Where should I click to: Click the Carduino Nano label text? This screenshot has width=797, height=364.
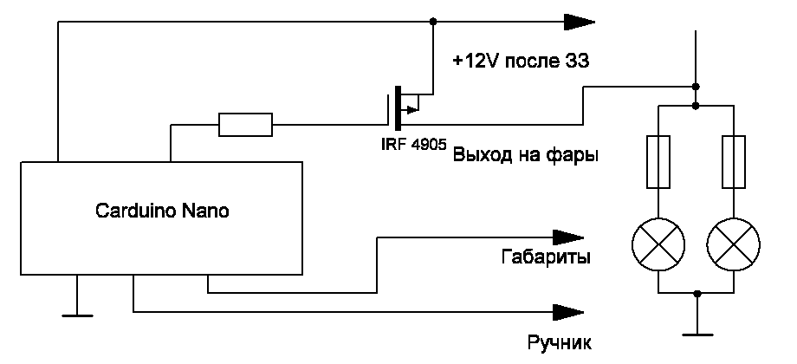(x=162, y=211)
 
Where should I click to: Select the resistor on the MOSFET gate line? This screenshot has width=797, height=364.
(x=244, y=126)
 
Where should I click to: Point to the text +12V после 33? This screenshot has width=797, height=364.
(x=521, y=62)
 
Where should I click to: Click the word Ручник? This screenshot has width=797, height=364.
(x=558, y=341)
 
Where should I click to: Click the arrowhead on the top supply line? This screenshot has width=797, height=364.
(x=577, y=21)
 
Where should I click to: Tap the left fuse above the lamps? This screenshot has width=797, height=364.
(x=658, y=161)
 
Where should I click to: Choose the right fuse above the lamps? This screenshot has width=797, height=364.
(x=734, y=161)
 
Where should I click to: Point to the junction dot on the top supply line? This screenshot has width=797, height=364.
(x=432, y=21)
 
